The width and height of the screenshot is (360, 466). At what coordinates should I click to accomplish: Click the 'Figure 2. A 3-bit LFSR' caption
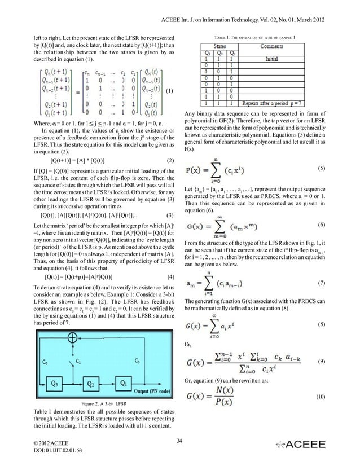104,405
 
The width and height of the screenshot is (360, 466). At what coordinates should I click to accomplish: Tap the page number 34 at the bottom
179,440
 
